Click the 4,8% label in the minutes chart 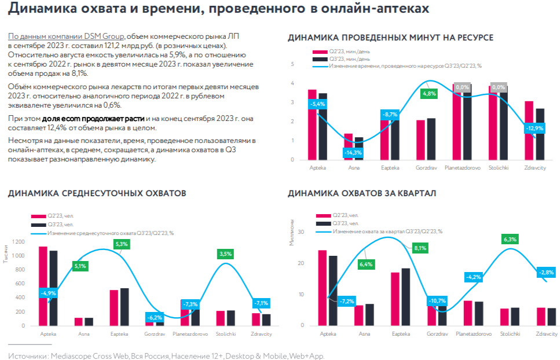[429, 94]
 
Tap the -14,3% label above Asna [352, 153]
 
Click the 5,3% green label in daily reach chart [121, 244]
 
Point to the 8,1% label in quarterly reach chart [420, 248]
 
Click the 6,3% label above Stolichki [510, 240]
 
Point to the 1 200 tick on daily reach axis [18, 242]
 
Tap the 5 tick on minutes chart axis [292, 64]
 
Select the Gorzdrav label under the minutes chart [425, 167]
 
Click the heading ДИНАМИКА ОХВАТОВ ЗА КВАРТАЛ [362, 193]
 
